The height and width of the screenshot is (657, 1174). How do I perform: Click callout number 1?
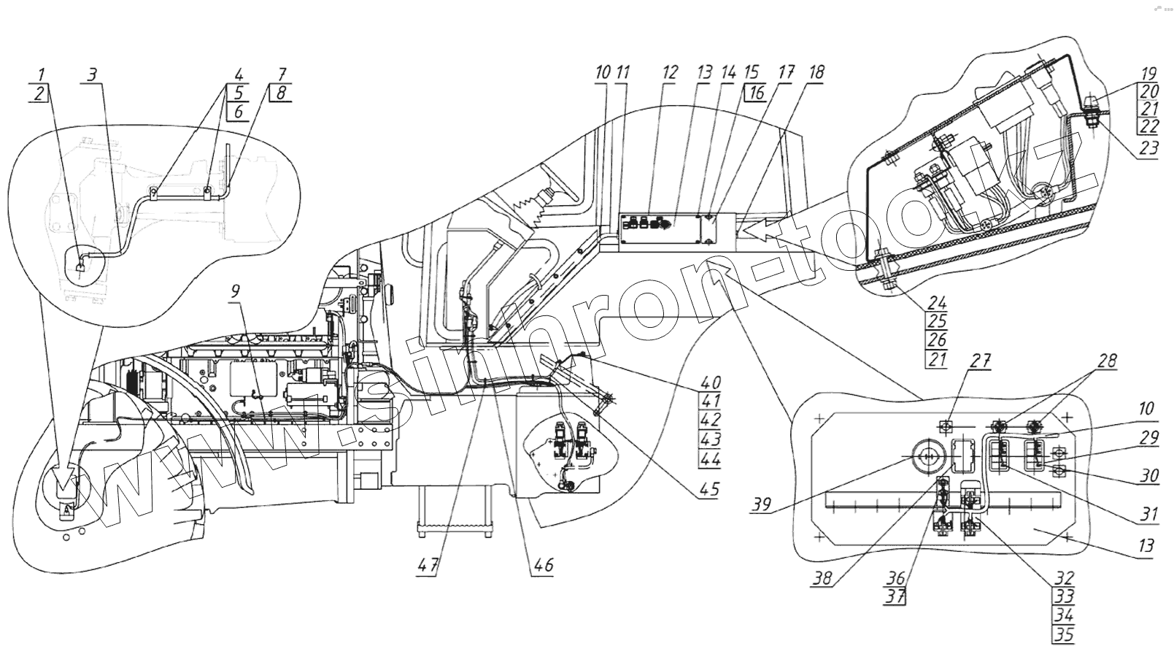point(42,74)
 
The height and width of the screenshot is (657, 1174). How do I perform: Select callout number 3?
point(91,74)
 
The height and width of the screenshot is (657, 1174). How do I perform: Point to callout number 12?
point(670,73)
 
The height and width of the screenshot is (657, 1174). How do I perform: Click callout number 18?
point(816,73)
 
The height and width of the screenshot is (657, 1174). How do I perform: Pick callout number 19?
point(1148,74)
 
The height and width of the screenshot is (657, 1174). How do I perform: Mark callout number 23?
point(1148,149)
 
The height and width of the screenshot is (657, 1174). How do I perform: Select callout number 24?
point(937,302)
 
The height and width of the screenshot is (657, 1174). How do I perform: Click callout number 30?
point(1149,476)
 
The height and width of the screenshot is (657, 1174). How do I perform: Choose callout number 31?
point(1149,515)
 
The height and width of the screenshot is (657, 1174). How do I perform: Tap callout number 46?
point(544,564)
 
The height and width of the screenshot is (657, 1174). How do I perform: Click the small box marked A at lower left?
point(66,510)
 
